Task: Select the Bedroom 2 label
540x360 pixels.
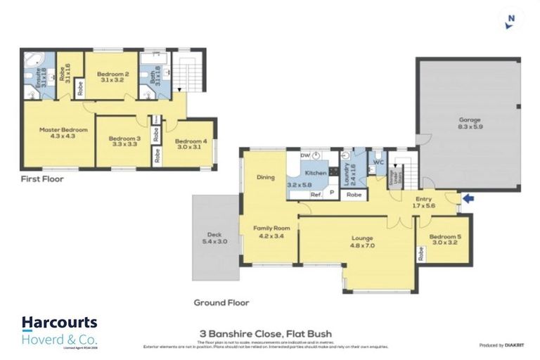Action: [x=112, y=77]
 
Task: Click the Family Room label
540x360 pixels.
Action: [x=271, y=232]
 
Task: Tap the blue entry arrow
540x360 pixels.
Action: [x=470, y=199]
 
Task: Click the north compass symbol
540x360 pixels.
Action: [x=510, y=20]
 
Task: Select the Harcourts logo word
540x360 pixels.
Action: [x=59, y=322]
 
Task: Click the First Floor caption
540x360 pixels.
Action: [x=42, y=179]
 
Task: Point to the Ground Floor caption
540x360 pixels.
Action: [x=221, y=303]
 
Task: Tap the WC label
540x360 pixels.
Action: [x=377, y=162]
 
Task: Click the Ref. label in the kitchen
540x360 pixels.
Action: [x=316, y=195]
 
